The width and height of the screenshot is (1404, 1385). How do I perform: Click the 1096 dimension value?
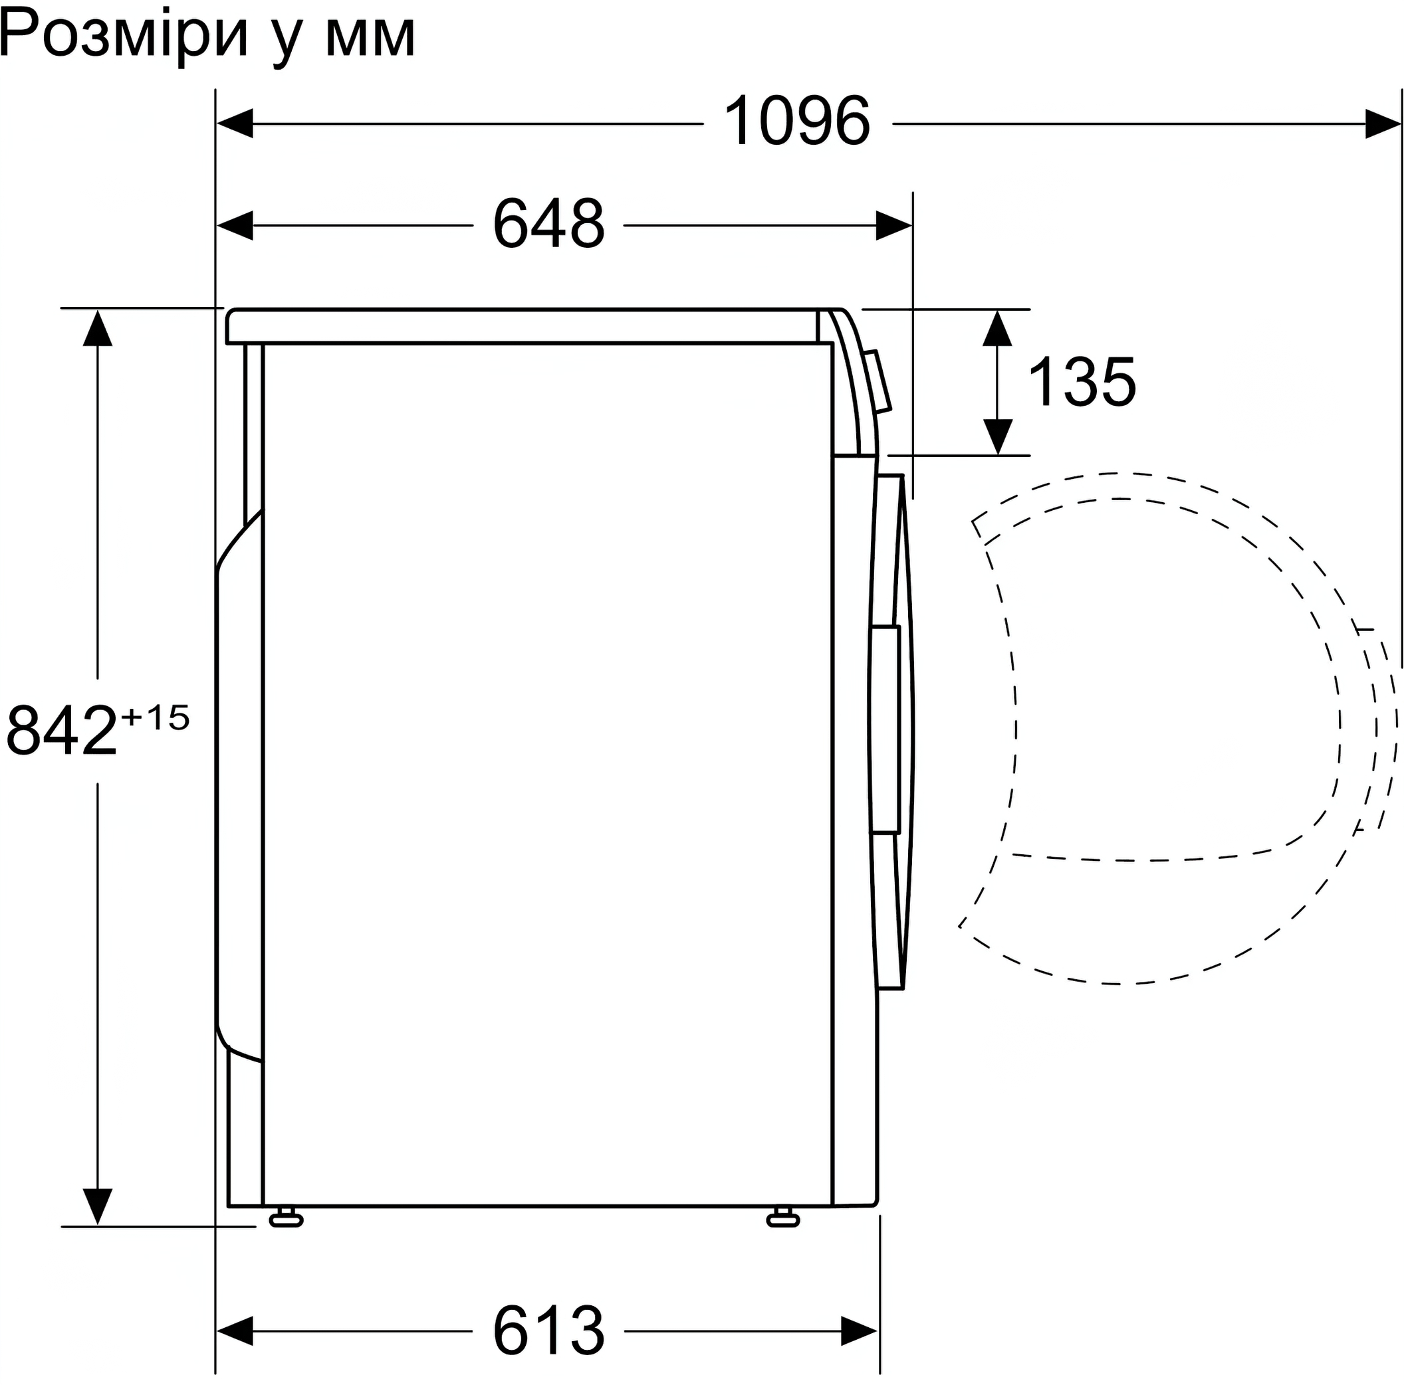797,122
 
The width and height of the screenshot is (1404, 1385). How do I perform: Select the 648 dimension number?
548,225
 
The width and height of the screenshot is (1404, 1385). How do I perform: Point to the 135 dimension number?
1082,382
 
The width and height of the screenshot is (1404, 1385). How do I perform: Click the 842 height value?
62,731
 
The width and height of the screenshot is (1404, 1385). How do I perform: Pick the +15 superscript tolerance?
156,717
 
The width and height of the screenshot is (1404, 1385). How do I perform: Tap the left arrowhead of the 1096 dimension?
235,124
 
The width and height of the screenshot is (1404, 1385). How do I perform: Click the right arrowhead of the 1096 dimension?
1383,124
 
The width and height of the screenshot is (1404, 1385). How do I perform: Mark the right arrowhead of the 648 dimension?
894,226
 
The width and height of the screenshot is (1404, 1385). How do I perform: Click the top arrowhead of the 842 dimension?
97,327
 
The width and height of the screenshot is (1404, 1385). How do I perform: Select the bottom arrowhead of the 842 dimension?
97,1206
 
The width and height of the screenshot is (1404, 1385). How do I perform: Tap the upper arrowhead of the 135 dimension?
998,328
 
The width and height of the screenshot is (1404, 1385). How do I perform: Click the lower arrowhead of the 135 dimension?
998,436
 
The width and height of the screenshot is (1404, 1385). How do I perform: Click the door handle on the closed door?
887,729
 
